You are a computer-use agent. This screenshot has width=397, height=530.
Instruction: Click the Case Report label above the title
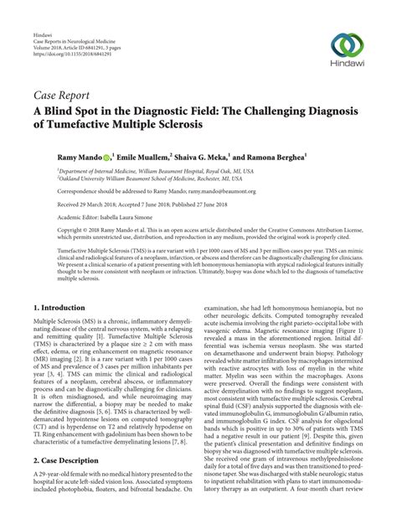(x=62, y=96)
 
